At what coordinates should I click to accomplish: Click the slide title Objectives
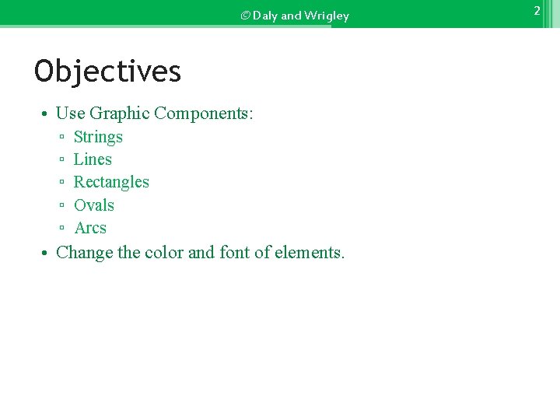(107, 72)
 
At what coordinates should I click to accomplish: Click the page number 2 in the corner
(537, 11)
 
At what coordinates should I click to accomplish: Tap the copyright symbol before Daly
(245, 16)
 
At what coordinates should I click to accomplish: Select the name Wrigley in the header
(327, 16)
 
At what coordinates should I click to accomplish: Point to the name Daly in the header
(265, 16)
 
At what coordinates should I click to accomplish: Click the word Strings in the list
(98, 137)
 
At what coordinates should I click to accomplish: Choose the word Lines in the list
(93, 159)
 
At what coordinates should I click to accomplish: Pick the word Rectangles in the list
(111, 182)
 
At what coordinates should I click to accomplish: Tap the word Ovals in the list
(94, 205)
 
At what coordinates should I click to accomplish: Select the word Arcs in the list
(90, 228)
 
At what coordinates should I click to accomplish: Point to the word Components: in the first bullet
(204, 114)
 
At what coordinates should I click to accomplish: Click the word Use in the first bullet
(70, 114)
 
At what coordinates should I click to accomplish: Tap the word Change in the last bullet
(85, 253)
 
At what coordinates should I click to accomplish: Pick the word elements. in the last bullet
(310, 253)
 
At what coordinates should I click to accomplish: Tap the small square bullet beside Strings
(61, 138)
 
